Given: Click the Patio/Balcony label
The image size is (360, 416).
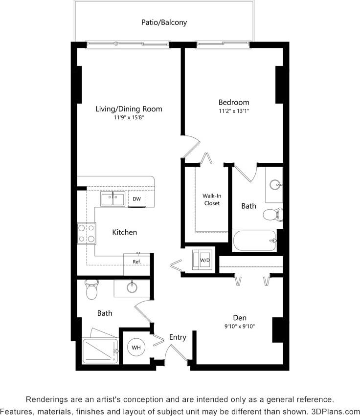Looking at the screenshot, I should (x=164, y=22).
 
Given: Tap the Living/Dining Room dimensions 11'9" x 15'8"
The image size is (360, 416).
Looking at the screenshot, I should (x=129, y=117).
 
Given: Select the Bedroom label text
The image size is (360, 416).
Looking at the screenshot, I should (x=233, y=102).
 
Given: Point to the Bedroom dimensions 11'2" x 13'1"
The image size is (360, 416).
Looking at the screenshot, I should (x=233, y=111).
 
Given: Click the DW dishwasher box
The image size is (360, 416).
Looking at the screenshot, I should (x=136, y=199).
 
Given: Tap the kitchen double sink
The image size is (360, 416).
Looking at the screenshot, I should (x=113, y=199).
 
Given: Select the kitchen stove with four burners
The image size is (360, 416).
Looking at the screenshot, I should (x=87, y=233).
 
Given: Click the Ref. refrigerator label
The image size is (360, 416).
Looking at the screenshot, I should (x=136, y=262).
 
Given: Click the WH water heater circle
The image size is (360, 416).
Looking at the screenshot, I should (x=136, y=347).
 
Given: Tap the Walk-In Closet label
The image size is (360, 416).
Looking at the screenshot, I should (x=212, y=199).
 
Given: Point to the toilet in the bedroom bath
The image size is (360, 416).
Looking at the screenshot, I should (x=273, y=214).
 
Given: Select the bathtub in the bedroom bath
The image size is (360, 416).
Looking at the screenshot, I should (x=254, y=241).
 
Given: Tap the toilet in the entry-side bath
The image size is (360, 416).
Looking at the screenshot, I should (x=91, y=289).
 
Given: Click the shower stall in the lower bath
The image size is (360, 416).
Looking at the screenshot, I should (x=100, y=351).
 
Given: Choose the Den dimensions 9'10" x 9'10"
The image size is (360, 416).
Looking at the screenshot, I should (x=239, y=326).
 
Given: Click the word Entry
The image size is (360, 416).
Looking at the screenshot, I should (x=178, y=337).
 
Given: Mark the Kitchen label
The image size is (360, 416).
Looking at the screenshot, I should (x=125, y=232).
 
